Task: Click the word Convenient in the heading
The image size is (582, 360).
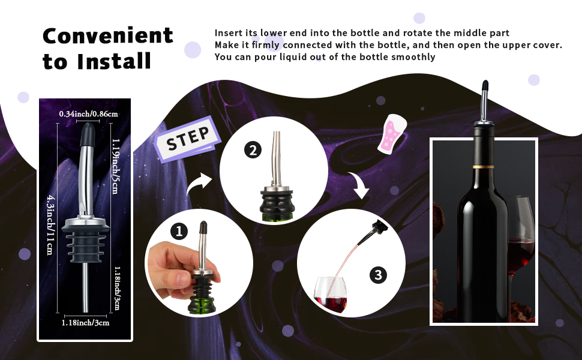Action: [x=108, y=36]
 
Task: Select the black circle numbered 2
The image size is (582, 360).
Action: [x=252, y=151]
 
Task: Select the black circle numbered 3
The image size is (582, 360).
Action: [x=377, y=275]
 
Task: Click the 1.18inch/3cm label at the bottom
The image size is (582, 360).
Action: [x=85, y=322]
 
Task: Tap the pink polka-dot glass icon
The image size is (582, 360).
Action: [x=392, y=133]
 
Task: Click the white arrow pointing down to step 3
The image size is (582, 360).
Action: [x=359, y=186]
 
